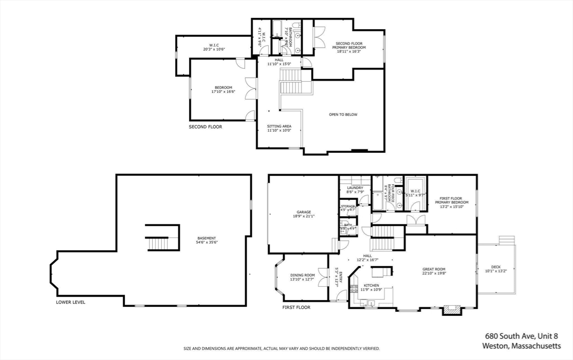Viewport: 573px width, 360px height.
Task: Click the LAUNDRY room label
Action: pos(355,189)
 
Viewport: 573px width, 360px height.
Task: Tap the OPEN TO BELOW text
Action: pos(343,115)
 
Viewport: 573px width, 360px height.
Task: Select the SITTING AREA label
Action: pos(279,128)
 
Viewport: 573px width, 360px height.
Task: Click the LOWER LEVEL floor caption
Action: pos(71,302)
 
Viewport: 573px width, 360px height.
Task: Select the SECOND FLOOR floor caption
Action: pos(205,127)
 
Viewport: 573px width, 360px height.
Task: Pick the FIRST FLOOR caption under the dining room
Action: pos(297,307)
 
